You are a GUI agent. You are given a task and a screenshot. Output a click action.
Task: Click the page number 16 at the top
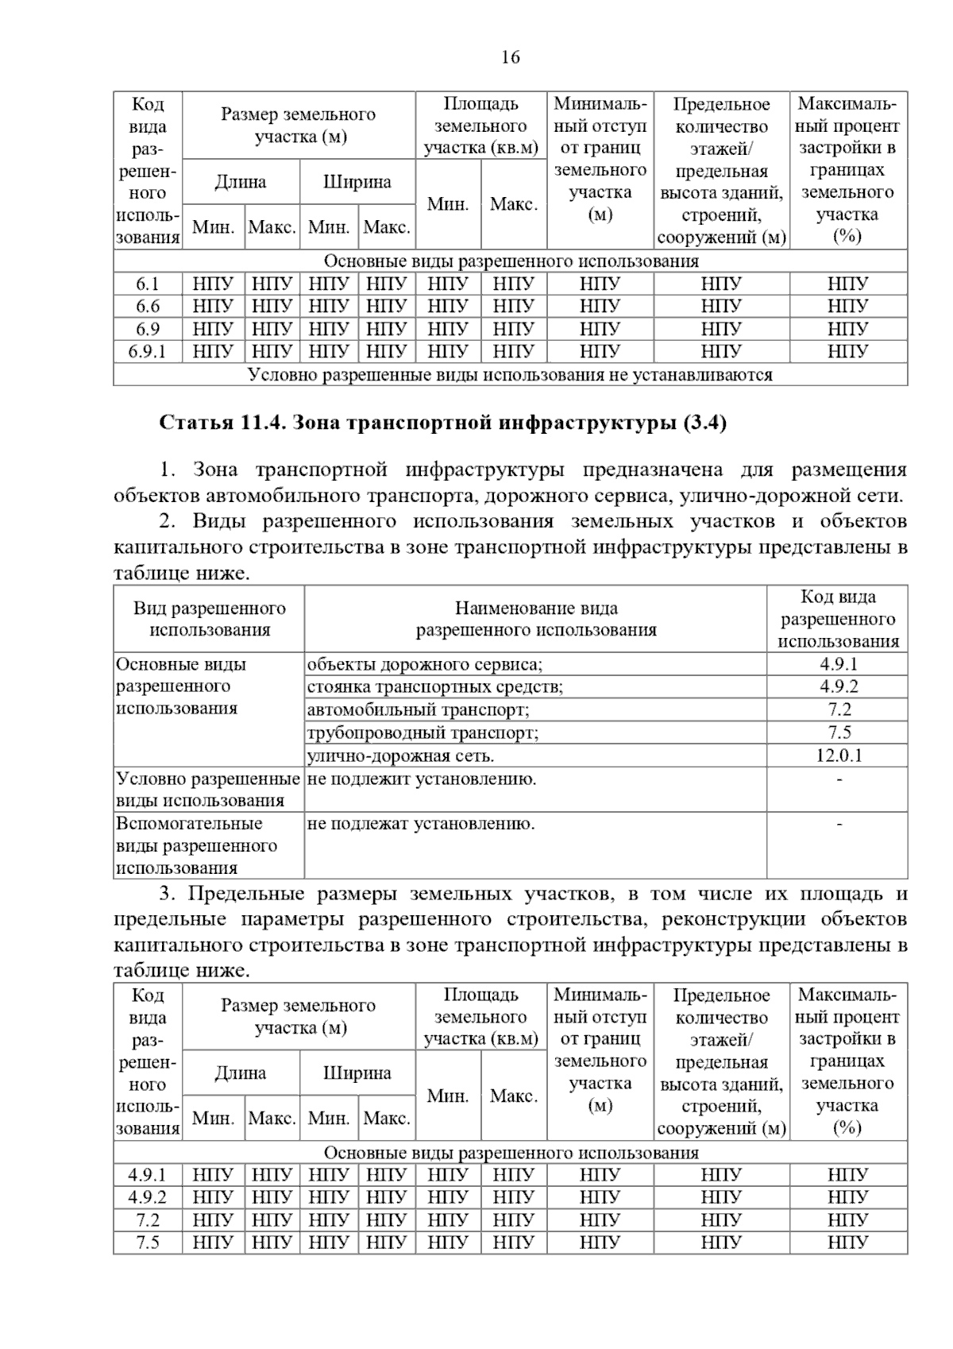pyautogui.click(x=511, y=57)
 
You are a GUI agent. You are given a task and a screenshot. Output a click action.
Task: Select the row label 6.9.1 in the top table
pyautogui.click(x=148, y=351)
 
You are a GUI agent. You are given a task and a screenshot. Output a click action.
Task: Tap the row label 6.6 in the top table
pyautogui.click(x=148, y=306)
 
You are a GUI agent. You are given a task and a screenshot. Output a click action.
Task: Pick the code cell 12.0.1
pyautogui.click(x=839, y=755)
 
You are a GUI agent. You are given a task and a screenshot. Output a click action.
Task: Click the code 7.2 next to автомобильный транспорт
pyautogui.click(x=839, y=709)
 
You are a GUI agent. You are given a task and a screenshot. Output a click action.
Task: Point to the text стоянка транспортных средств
pyautogui.click(x=434, y=686)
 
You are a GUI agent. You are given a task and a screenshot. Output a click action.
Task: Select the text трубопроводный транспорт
pyautogui.click(x=422, y=732)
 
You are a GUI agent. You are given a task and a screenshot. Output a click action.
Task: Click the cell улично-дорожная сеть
pyautogui.click(x=400, y=756)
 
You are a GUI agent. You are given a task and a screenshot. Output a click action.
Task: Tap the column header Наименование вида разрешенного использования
pyautogui.click(x=536, y=619)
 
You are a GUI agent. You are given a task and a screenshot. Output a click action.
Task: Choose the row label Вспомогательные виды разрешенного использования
pyautogui.click(x=196, y=845)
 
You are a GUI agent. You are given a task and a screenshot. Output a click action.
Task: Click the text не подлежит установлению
pyautogui.click(x=422, y=779)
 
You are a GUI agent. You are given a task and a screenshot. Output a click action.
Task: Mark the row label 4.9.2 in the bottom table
pyautogui.click(x=148, y=1197)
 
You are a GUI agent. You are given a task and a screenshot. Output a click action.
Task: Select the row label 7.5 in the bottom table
pyautogui.click(x=148, y=1243)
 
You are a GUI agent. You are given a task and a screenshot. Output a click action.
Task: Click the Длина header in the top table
pyautogui.click(x=241, y=182)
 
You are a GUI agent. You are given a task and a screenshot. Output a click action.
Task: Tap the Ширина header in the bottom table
pyautogui.click(x=357, y=1073)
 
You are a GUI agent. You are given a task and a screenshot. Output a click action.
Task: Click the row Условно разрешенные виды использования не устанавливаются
pyautogui.click(x=510, y=374)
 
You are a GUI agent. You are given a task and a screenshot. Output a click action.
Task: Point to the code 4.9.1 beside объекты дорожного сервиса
pyautogui.click(x=839, y=664)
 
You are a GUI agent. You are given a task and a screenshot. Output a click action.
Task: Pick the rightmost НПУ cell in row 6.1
pyautogui.click(x=847, y=284)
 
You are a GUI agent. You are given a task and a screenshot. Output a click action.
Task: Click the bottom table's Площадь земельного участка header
pyautogui.click(x=481, y=1016)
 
